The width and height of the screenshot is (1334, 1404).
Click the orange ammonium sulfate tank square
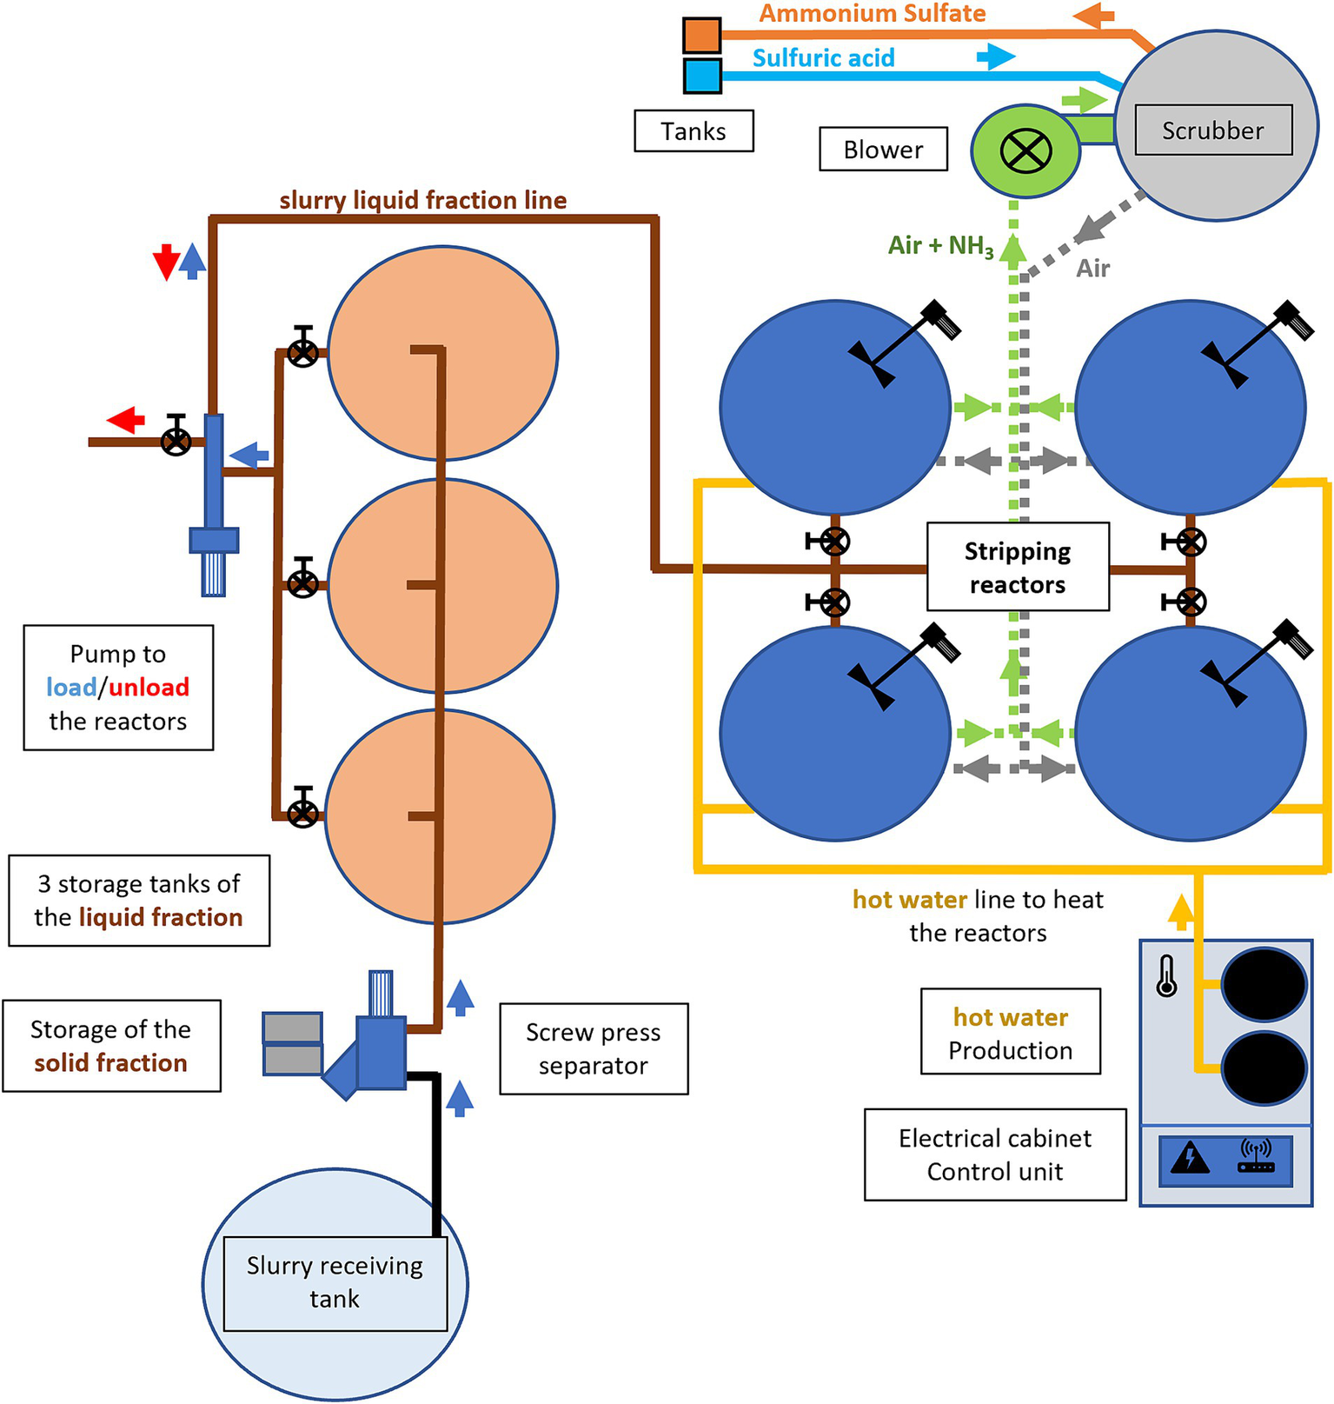pyautogui.click(x=701, y=35)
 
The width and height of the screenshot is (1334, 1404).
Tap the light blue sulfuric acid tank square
pyautogui.click(x=702, y=76)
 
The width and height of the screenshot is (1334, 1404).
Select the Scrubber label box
pyautogui.click(x=1212, y=130)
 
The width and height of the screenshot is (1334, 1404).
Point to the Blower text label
pyautogui.click(x=883, y=150)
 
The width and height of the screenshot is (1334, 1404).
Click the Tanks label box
pyautogui.click(x=694, y=131)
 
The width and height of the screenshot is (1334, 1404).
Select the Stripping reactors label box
pyautogui.click(x=1018, y=567)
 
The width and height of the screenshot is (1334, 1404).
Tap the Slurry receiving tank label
pyautogui.click(x=335, y=1282)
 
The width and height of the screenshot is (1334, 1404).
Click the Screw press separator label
pyautogui.click(x=594, y=1048)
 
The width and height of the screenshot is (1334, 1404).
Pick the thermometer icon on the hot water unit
pyautogui.click(x=1166, y=975)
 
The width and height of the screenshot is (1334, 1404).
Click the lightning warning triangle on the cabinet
pyautogui.click(x=1189, y=1158)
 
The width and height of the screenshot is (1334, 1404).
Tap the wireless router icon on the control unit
pyautogui.click(x=1256, y=1157)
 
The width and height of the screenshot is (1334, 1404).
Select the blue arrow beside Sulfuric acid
pyautogui.click(x=995, y=57)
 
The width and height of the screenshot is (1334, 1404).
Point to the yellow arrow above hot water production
pyautogui.click(x=1180, y=911)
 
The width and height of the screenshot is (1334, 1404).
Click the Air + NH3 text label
pyautogui.click(x=940, y=246)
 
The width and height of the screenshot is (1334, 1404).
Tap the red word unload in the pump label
pyautogui.click(x=149, y=688)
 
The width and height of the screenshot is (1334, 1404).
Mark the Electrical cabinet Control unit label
pyautogui.click(x=995, y=1154)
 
